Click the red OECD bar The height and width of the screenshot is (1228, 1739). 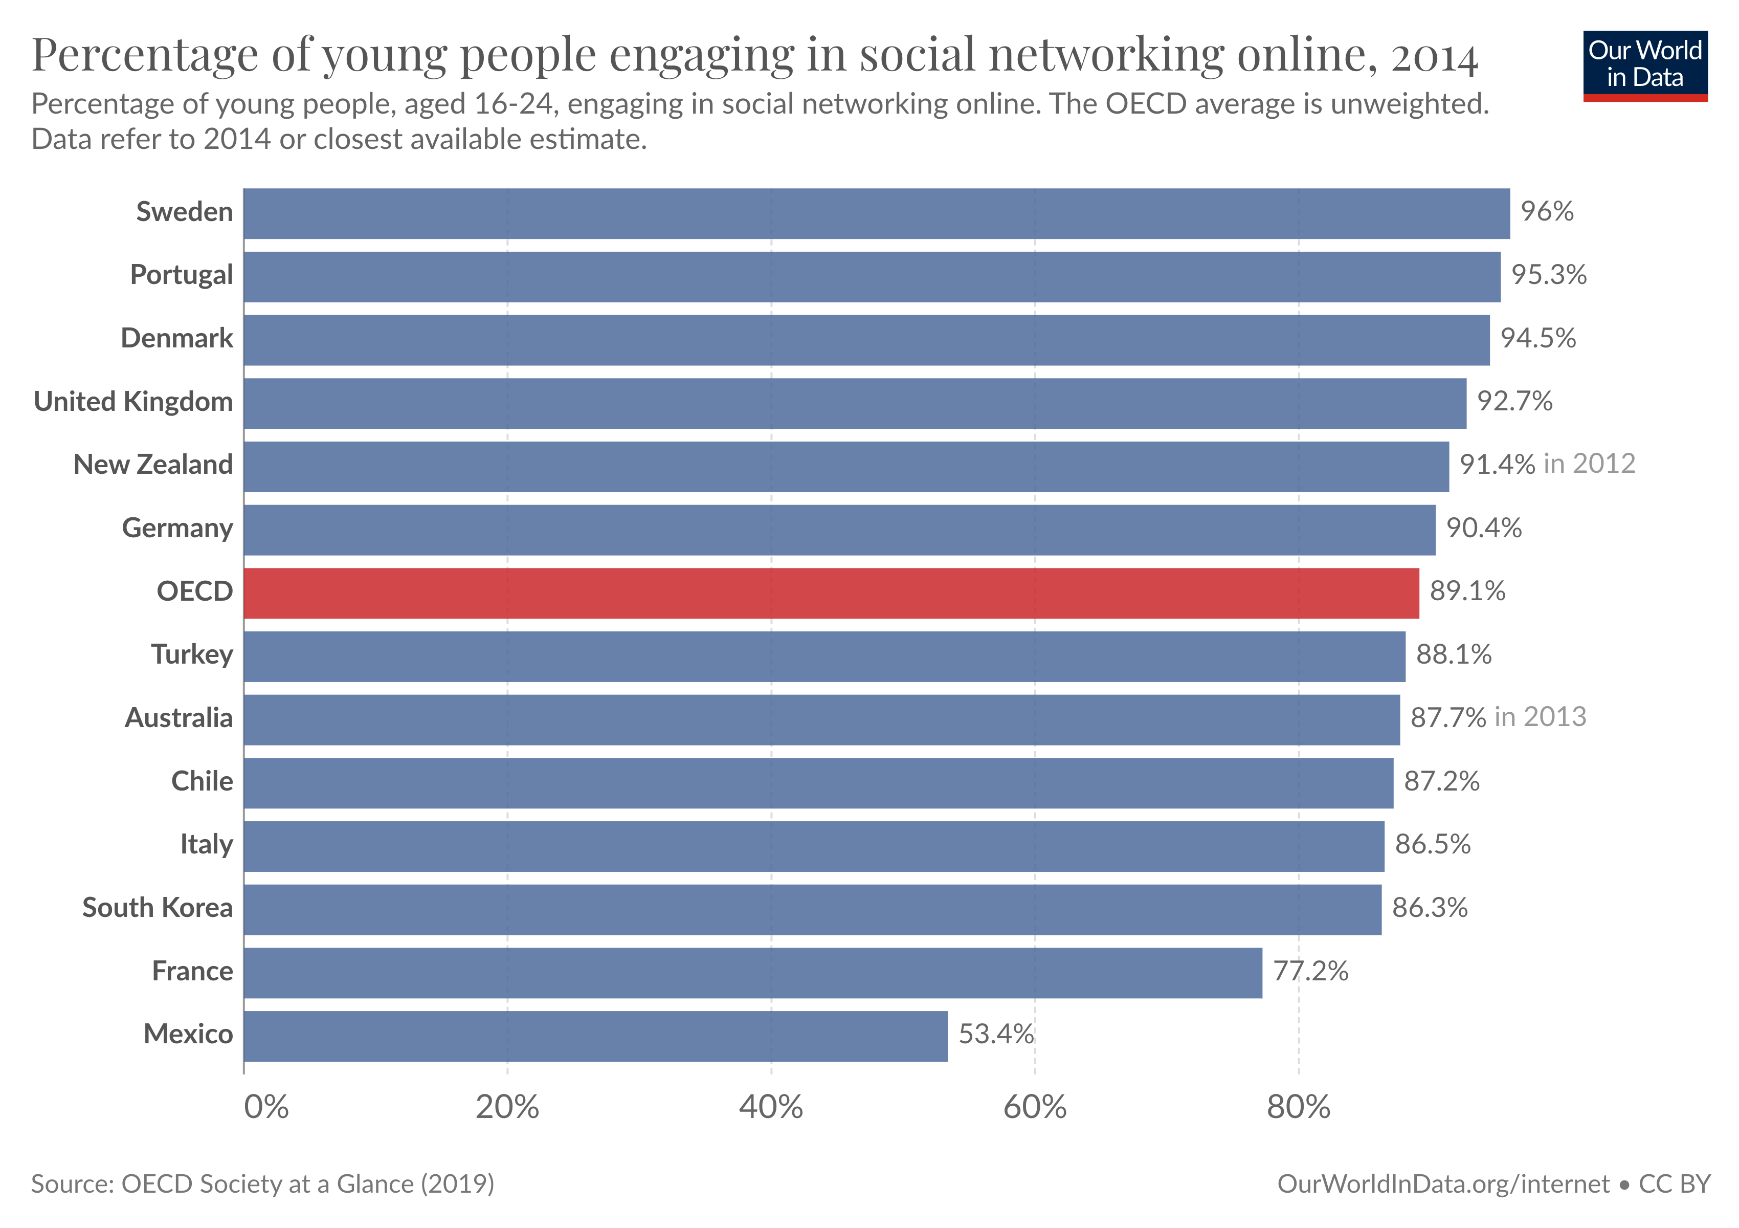831,593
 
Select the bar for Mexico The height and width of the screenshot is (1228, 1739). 595,1036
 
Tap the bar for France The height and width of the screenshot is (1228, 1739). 753,972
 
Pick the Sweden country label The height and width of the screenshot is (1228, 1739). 184,212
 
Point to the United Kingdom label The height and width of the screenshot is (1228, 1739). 133,402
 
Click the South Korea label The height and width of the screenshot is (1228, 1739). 158,908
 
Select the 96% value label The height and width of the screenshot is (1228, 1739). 1547,211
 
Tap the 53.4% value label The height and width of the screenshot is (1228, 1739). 995,1034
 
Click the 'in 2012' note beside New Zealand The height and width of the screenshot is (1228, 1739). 1589,464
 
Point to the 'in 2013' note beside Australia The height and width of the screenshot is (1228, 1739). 1540,717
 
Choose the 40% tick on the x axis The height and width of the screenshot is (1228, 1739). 770,1108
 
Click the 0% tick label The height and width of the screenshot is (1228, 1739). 266,1108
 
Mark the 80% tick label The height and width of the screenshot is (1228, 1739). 1298,1108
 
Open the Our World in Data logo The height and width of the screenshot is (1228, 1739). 1644,65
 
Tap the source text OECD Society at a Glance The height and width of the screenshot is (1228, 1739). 307,1184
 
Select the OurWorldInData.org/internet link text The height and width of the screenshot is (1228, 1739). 1443,1184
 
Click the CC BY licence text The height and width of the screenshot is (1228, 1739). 1675,1184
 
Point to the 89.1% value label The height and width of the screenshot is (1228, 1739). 1467,591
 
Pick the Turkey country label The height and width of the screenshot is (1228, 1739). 192,654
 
